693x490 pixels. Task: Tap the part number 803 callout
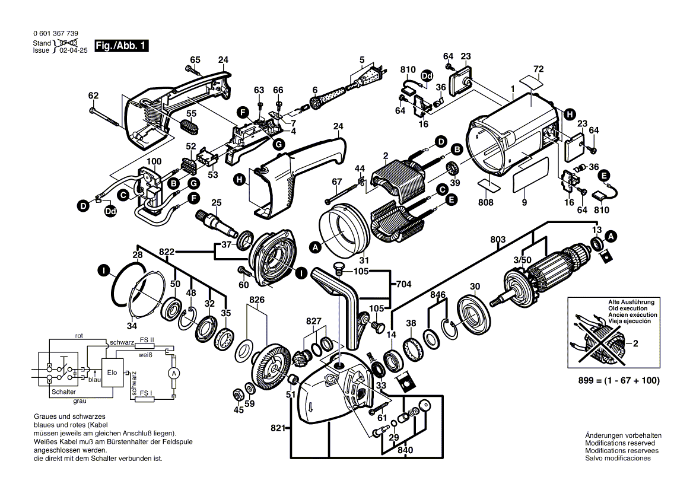[498, 239]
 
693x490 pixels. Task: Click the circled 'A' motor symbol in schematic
[173, 373]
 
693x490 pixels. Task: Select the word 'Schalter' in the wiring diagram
[63, 392]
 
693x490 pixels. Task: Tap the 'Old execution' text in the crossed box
[632, 308]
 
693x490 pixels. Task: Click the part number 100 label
[154, 162]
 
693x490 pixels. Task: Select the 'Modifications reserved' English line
[620, 443]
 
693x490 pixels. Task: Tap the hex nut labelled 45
[236, 393]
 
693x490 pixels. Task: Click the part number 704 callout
[403, 284]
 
